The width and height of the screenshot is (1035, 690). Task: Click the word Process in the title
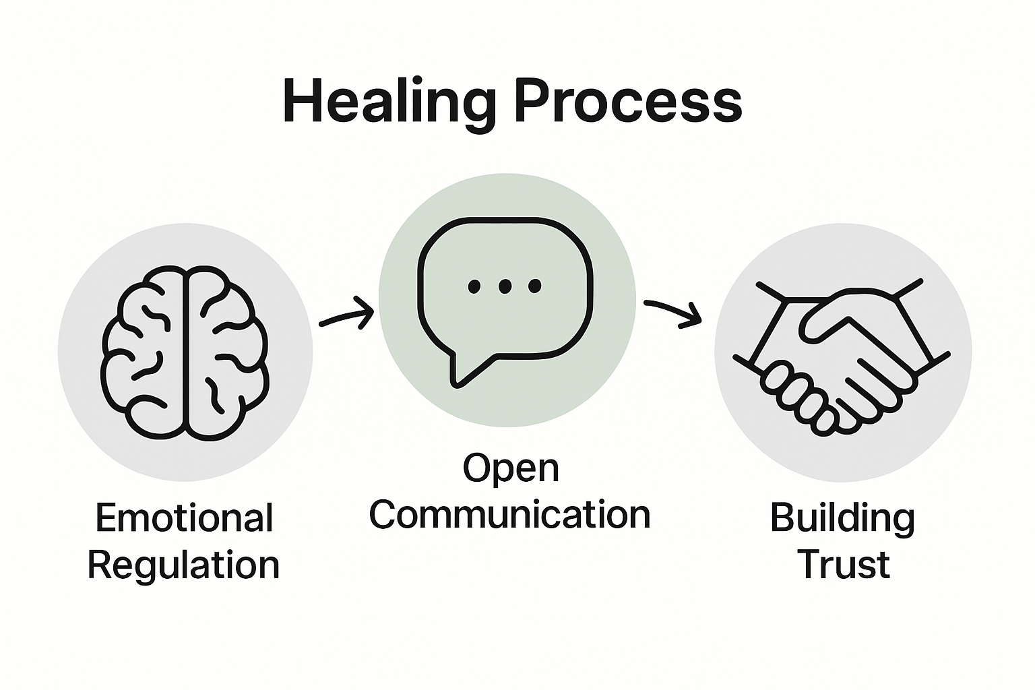[627, 102]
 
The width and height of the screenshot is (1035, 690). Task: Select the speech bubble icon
[505, 296]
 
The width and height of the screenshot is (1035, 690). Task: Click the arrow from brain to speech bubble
[346, 315]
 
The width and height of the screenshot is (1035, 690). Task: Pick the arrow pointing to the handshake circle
[672, 313]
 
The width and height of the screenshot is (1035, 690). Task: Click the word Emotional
[185, 517]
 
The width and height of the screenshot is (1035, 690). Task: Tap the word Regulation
[183, 565]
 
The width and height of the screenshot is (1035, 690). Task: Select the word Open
[511, 468]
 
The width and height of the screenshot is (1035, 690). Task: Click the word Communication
[509, 515]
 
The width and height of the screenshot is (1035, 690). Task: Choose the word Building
[842, 517]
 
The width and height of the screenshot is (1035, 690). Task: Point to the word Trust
[843, 565]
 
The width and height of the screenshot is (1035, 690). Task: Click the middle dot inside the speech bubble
[505, 287]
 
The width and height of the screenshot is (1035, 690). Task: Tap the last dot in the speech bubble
[535, 287]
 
